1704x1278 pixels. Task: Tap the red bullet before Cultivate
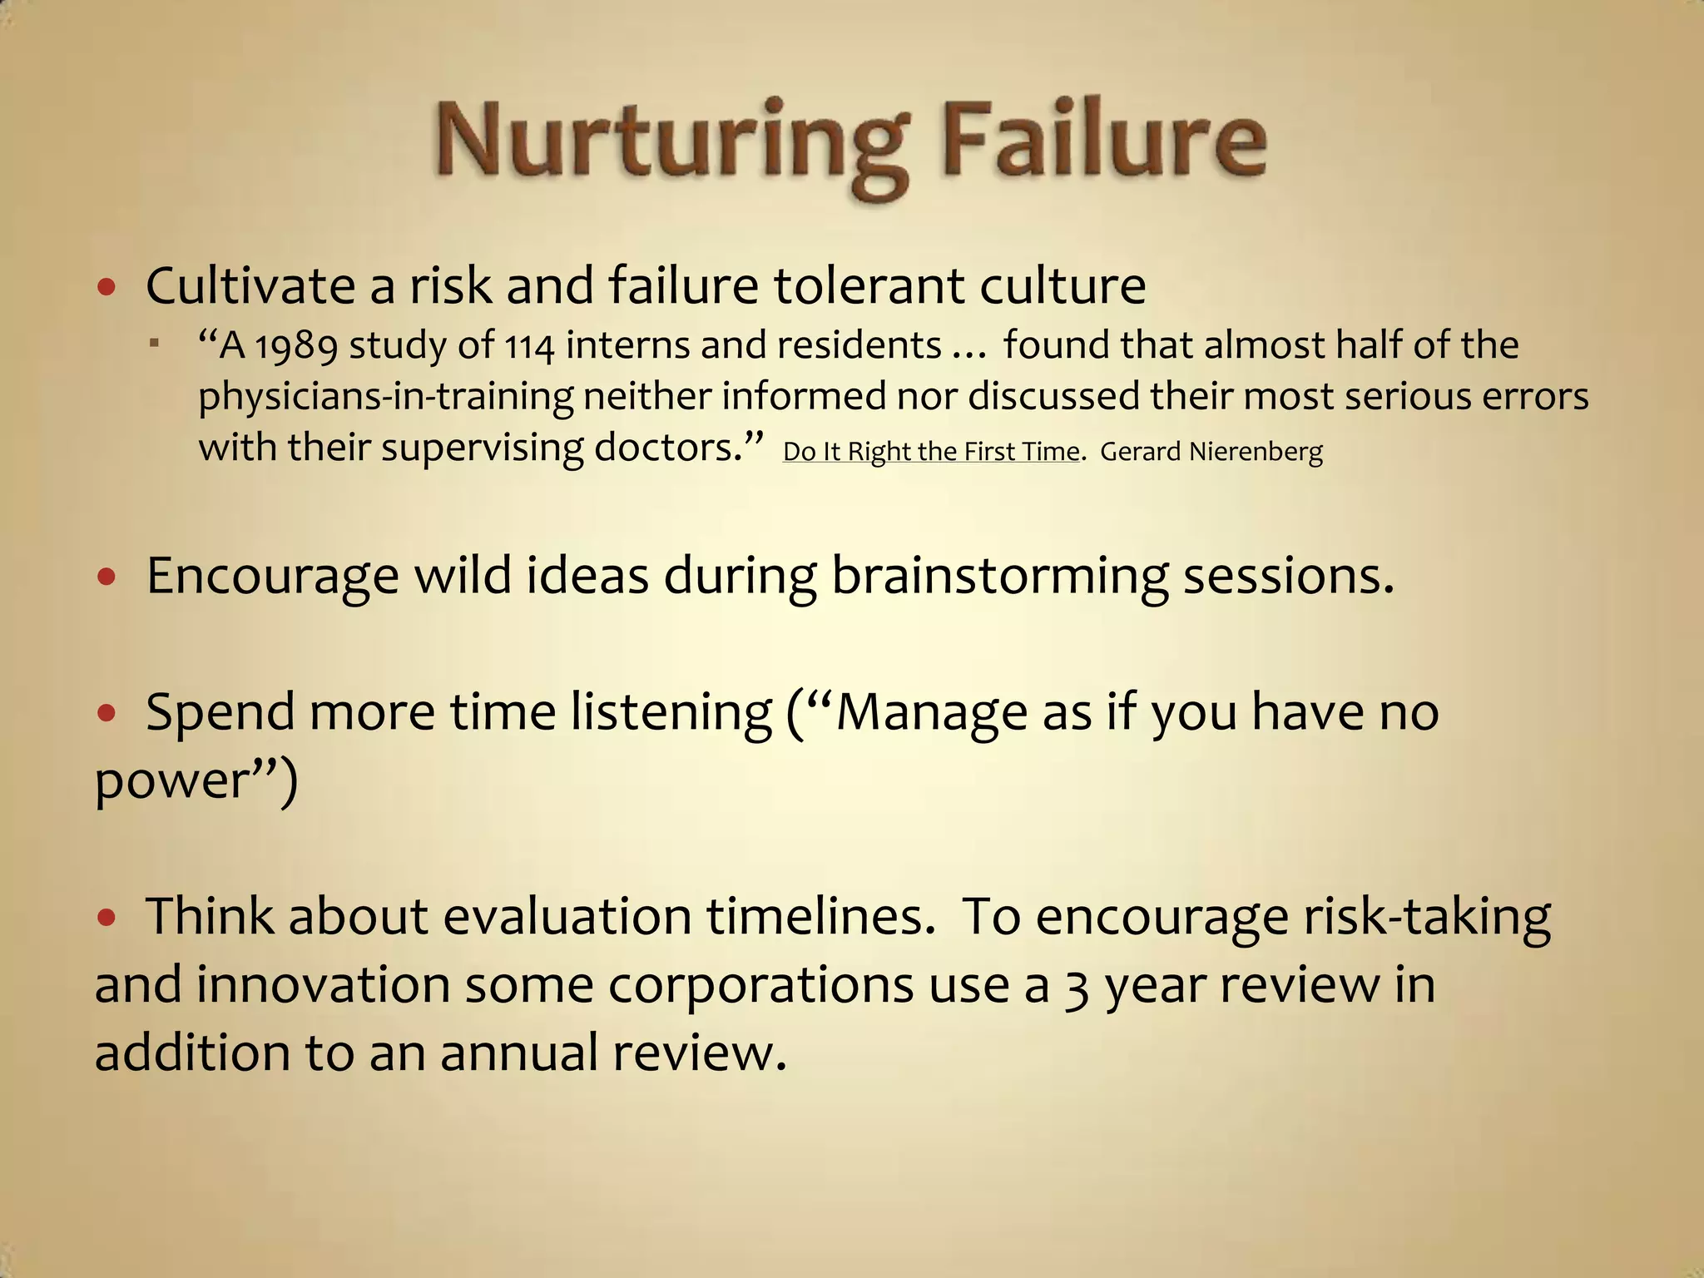(x=106, y=288)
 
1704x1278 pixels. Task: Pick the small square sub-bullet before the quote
(x=154, y=343)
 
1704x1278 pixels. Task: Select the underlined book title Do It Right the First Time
(x=931, y=452)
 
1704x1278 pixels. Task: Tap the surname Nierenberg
(x=1256, y=452)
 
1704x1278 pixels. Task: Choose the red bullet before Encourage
(x=106, y=576)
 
